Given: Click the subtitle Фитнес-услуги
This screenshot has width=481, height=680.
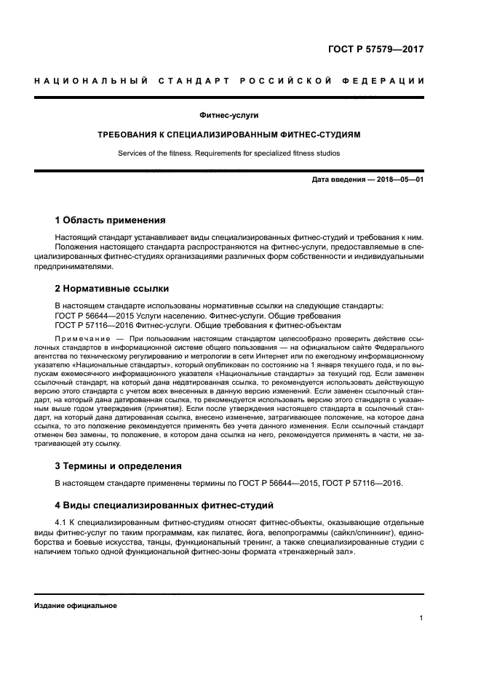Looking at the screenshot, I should (x=229, y=116).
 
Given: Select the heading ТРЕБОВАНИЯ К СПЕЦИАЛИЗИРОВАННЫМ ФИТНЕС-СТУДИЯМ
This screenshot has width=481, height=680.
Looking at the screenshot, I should (x=229, y=135).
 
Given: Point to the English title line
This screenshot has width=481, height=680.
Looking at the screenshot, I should (x=229, y=153).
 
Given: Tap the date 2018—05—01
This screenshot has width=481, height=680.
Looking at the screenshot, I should (x=397, y=180).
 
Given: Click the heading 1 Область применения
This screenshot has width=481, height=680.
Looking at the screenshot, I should (x=111, y=220).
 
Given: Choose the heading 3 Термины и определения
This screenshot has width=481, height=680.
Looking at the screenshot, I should (x=119, y=465).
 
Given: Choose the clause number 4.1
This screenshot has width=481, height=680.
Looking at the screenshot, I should (x=61, y=522).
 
